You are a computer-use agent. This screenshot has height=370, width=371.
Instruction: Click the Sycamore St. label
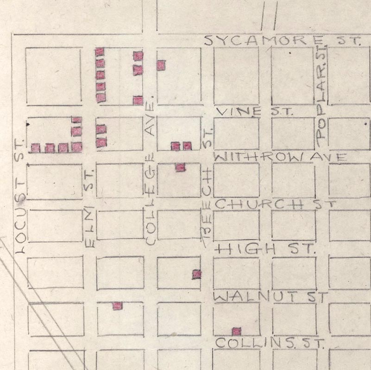pyautogui.click(x=283, y=41)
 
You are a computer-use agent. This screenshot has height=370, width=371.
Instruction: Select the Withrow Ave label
pyautogui.click(x=280, y=157)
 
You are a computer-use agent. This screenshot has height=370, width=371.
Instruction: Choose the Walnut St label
pyautogui.click(x=271, y=296)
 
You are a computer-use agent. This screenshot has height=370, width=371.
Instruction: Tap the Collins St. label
pyautogui.click(x=270, y=343)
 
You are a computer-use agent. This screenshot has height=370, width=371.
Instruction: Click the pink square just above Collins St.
pyautogui.click(x=236, y=331)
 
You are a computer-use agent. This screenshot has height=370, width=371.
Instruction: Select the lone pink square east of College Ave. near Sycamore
pyautogui.click(x=161, y=65)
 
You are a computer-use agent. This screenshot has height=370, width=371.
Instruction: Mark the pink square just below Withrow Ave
pyautogui.click(x=180, y=167)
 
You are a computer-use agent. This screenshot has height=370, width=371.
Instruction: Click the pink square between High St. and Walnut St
pyautogui.click(x=197, y=274)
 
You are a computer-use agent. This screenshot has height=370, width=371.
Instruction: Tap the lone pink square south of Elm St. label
pyautogui.click(x=118, y=306)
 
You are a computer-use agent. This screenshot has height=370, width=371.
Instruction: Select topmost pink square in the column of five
pyautogui.click(x=100, y=52)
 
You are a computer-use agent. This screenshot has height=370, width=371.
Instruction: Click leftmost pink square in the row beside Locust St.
pyautogui.click(x=36, y=148)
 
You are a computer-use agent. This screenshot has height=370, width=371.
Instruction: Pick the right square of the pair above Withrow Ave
pyautogui.click(x=187, y=146)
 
